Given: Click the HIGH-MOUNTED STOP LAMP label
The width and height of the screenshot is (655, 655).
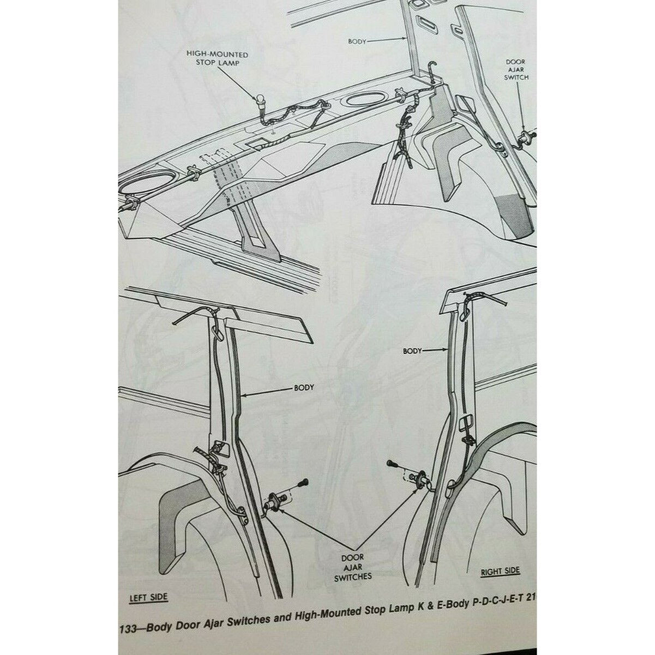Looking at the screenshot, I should click(217, 59).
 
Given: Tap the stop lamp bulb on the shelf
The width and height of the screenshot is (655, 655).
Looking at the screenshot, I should click(260, 101).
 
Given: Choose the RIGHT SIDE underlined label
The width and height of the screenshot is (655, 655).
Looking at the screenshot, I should click(500, 572).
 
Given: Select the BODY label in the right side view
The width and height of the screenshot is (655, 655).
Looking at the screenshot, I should click(412, 352).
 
